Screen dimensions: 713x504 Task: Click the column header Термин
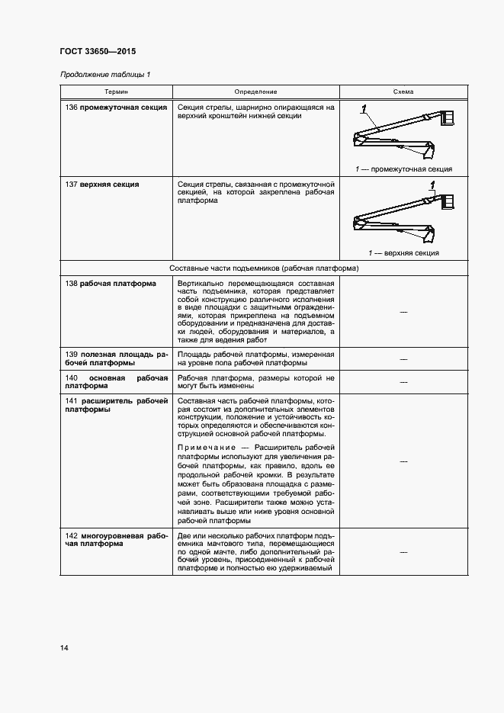pyautogui.click(x=117, y=92)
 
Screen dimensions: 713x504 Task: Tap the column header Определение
pyautogui.click(x=255, y=92)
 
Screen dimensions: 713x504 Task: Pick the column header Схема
pyautogui.click(x=403, y=92)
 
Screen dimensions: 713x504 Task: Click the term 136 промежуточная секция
pyautogui.click(x=117, y=108)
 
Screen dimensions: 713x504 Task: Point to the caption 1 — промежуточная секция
pyautogui.click(x=403, y=169)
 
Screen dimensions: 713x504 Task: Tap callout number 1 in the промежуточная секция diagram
pyautogui.click(x=364, y=108)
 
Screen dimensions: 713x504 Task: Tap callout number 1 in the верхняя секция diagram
pyautogui.click(x=432, y=185)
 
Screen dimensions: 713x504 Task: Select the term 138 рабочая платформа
pyautogui.click(x=111, y=284)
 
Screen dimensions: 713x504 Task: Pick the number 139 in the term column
pyautogui.click(x=73, y=355)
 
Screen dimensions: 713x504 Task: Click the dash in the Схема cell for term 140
pyautogui.click(x=403, y=381)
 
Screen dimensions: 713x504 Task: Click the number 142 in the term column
pyautogui.click(x=73, y=536)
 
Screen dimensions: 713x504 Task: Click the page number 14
pyautogui.click(x=64, y=648)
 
